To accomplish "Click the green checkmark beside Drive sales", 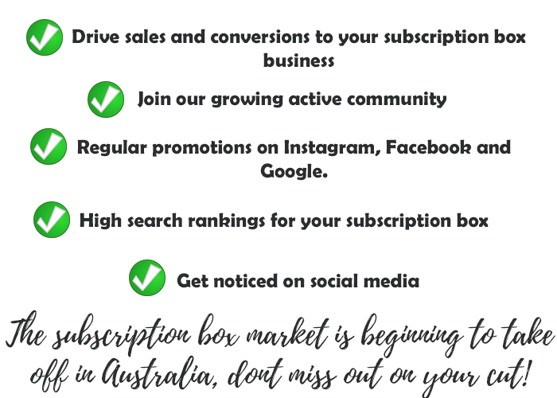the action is point(45,37).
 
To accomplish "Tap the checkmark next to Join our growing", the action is point(106,99).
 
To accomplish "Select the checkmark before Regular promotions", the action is point(49,146).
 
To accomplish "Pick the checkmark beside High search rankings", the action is point(52,220).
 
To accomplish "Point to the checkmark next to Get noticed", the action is point(147,278).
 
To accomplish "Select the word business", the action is point(298,60).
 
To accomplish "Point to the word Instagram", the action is point(333,148).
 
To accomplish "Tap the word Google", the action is point(294,171).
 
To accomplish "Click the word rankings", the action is point(226,221).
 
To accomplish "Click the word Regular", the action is point(112,148).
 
